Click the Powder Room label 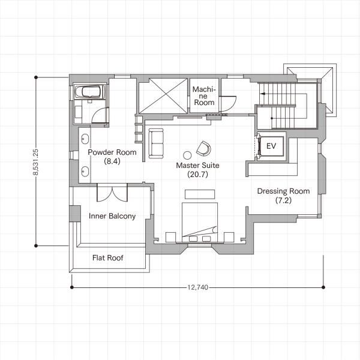point(112,152)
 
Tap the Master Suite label point(197,166)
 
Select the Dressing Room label point(283,191)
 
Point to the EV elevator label point(271,146)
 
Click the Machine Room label point(204,96)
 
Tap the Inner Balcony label point(112,216)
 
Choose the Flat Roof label point(107,257)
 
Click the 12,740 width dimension point(197,287)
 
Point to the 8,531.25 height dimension point(35,162)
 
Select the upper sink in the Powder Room point(85,139)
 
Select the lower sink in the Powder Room point(85,172)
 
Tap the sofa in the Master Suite point(156,143)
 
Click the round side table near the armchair point(187,155)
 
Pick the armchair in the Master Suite point(203,148)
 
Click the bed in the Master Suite point(200,222)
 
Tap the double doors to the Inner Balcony point(112,193)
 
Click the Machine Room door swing point(227,104)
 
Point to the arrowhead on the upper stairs point(263,94)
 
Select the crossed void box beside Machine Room point(163,96)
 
